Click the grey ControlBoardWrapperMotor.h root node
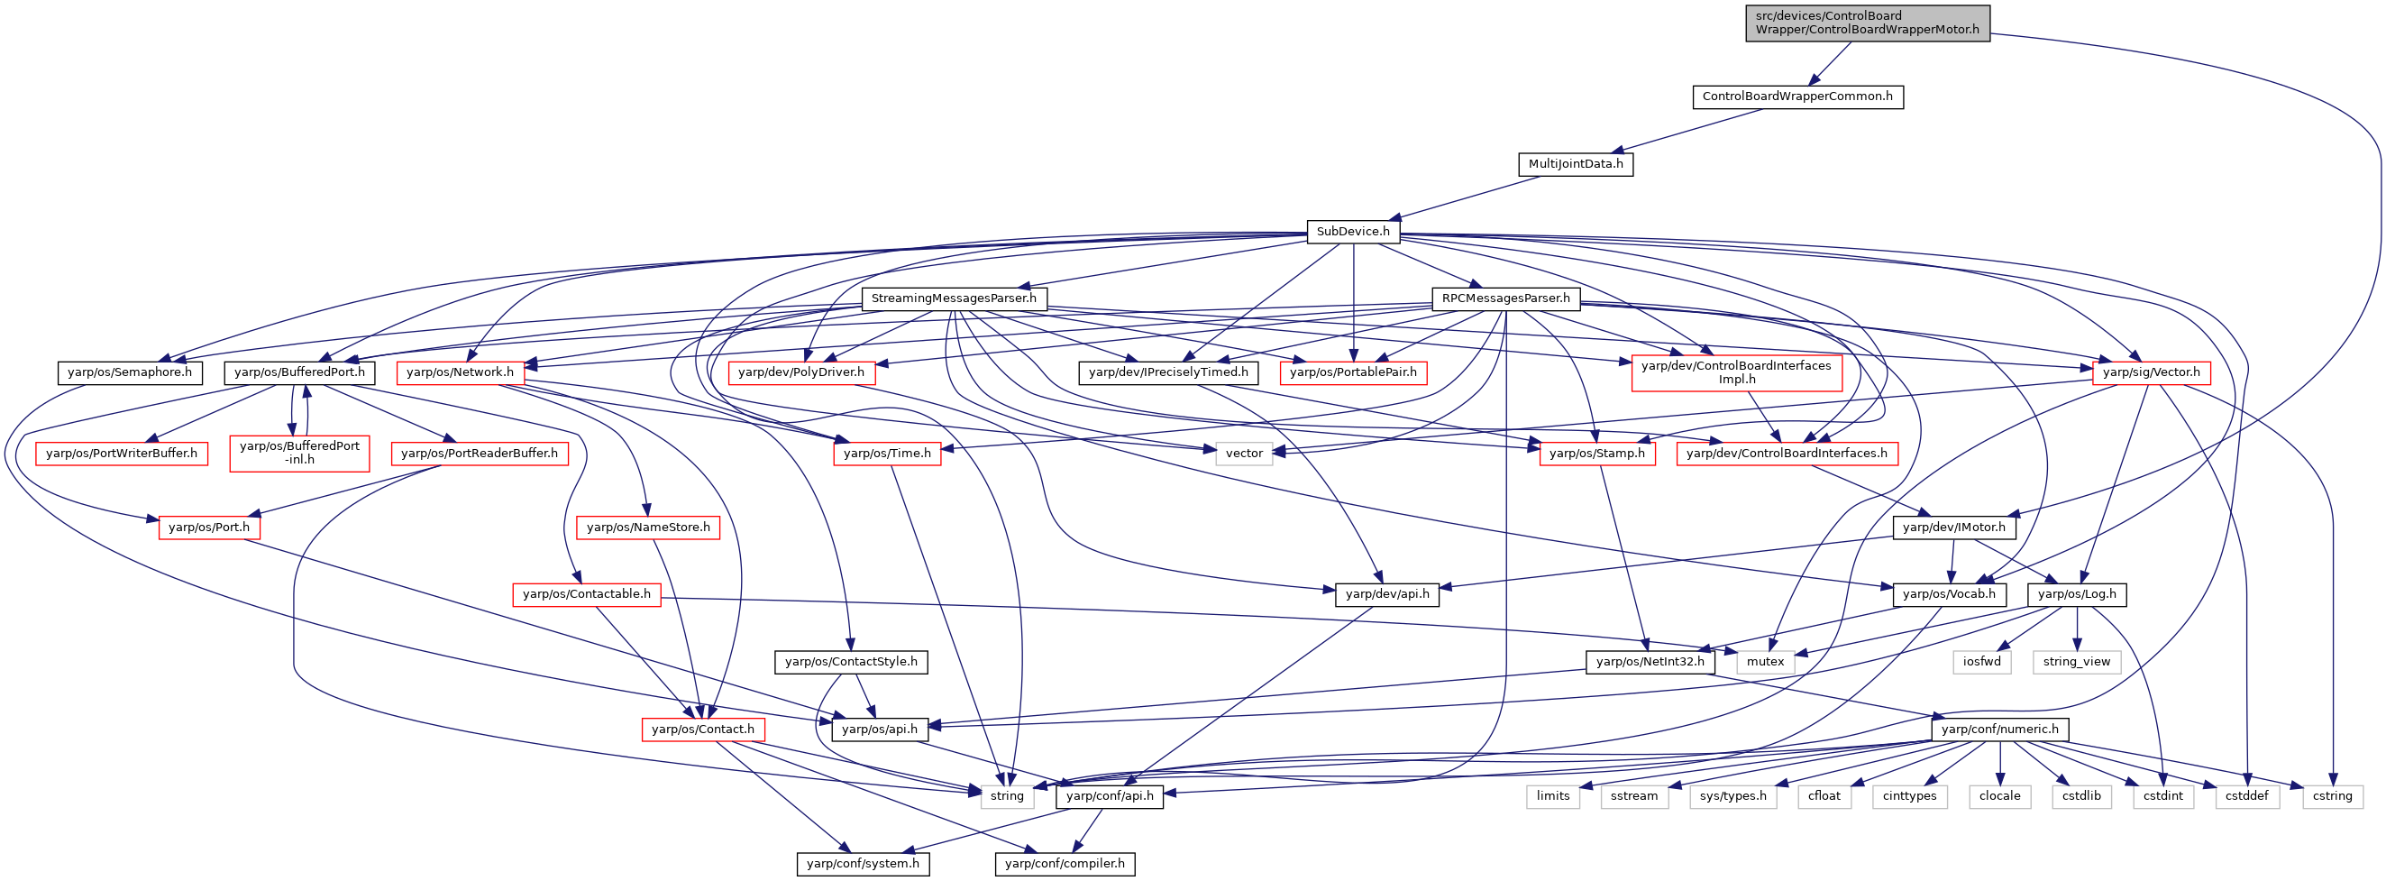pos(1868,23)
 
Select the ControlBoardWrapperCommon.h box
pos(1797,96)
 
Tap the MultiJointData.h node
pos(1576,164)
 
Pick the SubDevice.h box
pos(1353,232)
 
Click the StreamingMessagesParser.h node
pos(954,298)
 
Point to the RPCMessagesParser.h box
pos(1506,298)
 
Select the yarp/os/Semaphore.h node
pos(130,372)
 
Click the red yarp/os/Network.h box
pos(461,372)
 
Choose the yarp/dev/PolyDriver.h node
pos(801,372)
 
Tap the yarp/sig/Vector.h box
pos(2152,372)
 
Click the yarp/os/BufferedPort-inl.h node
pos(300,453)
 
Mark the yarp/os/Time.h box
pos(887,454)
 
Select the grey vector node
pos(1244,454)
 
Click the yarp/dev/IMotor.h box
pos(1953,528)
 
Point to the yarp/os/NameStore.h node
pos(648,528)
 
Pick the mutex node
pos(1766,663)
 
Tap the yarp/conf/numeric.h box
pos(2000,730)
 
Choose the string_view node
pos(2077,663)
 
